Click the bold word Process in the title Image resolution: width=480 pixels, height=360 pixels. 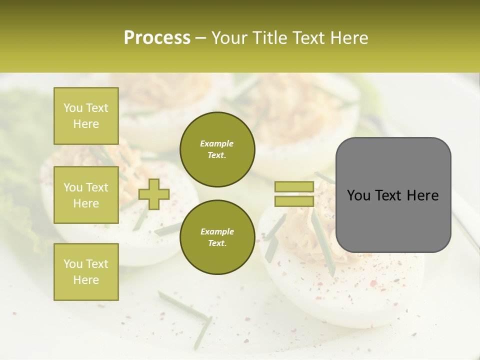pos(157,38)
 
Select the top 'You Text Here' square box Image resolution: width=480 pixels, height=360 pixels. pos(86,116)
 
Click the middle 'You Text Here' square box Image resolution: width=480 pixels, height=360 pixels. pos(86,195)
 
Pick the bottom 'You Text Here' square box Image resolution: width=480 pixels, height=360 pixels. pos(86,272)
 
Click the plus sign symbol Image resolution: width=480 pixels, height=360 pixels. pos(154,194)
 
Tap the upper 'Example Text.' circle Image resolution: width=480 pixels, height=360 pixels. pos(217,149)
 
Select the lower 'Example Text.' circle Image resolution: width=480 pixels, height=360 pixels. pos(217,237)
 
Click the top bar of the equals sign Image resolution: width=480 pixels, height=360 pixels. pos(294,187)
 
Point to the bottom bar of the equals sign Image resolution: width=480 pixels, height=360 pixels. pos(294,201)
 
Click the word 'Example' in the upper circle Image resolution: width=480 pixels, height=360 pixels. pos(217,143)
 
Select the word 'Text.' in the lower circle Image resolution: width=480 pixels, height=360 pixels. pos(217,243)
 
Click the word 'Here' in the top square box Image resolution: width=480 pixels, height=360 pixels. pos(86,124)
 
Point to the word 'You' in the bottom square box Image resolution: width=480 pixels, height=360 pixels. pos(73,264)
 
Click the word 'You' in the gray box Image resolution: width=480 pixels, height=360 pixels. pos(359,195)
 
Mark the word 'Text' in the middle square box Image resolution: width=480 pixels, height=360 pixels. pos(97,187)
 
